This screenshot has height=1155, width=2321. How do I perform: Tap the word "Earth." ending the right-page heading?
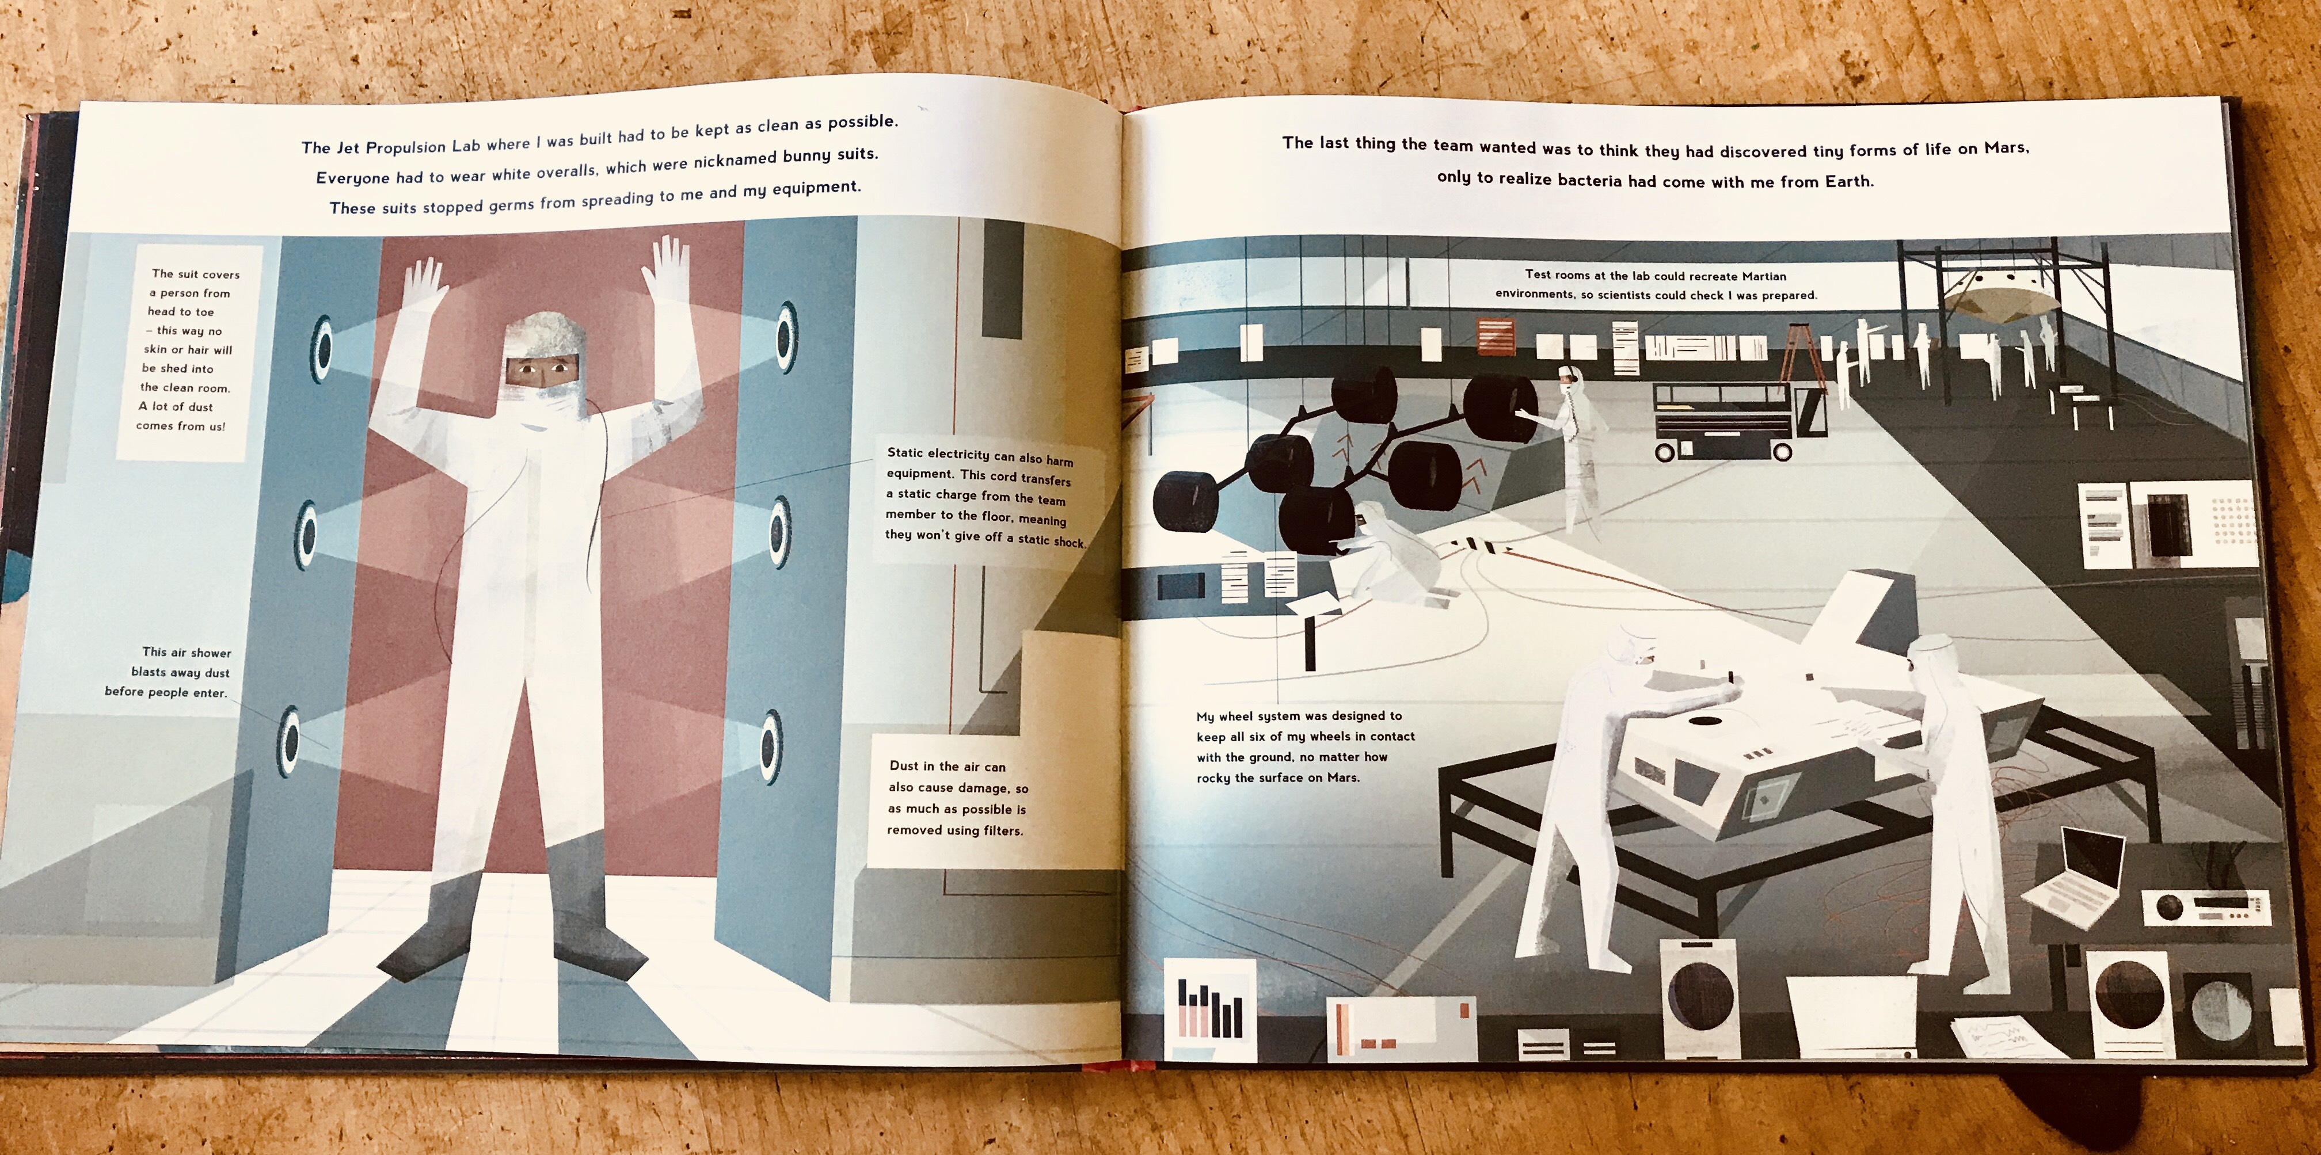(x=1850, y=181)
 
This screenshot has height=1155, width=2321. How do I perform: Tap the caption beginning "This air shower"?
(x=169, y=672)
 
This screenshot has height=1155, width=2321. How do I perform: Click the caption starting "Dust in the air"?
(x=957, y=797)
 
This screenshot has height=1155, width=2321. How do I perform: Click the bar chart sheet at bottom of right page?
(x=1210, y=1005)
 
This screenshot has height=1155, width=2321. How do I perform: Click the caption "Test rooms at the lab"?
(x=1656, y=285)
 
